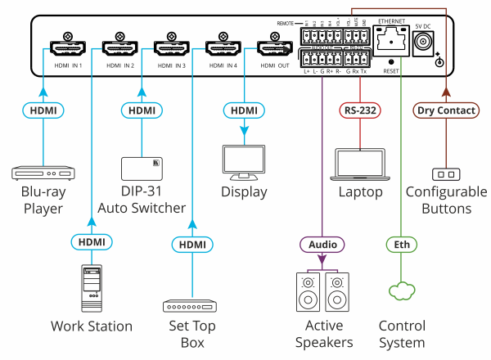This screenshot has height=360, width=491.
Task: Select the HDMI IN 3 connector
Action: tap(172, 47)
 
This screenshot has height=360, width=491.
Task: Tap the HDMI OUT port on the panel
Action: tap(269, 47)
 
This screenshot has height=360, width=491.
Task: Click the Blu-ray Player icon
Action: tap(39, 173)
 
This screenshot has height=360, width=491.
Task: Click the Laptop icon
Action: tap(357, 164)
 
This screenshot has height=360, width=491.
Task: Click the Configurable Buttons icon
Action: tap(445, 173)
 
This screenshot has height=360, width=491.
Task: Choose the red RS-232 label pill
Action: tap(357, 110)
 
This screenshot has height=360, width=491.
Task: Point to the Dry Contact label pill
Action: tap(445, 110)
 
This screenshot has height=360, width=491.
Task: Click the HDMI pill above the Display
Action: tap(244, 110)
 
